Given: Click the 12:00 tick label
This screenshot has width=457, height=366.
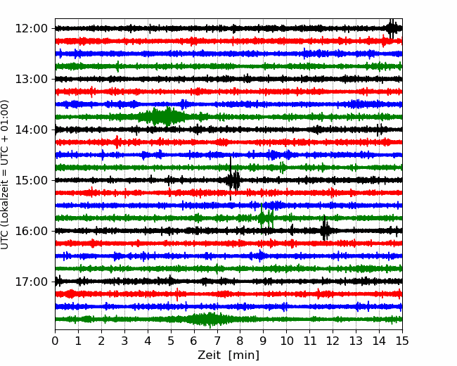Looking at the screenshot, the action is [x=31, y=29].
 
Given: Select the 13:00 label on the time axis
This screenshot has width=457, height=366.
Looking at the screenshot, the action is [x=31, y=79].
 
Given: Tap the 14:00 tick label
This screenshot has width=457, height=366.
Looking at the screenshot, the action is [x=31, y=130].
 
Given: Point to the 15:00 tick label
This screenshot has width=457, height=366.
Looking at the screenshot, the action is [x=31, y=180].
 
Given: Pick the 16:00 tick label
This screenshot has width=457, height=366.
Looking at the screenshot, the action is [x=31, y=231].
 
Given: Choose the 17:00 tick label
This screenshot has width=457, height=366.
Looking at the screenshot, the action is [x=31, y=282].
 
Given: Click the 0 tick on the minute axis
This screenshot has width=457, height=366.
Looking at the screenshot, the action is [x=55, y=341].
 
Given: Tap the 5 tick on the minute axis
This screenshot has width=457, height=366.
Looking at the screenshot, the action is [x=171, y=341].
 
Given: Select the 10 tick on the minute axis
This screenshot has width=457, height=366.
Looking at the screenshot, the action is [x=286, y=341].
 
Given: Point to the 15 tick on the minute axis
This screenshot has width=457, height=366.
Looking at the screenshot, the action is [x=402, y=341].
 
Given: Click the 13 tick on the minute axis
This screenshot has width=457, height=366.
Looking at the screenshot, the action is [x=356, y=341].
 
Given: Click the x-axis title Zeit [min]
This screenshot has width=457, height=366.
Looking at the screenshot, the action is [x=228, y=355].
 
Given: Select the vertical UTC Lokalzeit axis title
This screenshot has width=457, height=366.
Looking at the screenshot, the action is [x=4, y=175].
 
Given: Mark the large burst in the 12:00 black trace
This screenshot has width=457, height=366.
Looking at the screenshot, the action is [x=392, y=29].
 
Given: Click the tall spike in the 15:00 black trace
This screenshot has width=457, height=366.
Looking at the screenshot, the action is [x=231, y=179].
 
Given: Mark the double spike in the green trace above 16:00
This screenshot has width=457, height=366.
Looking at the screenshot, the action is [x=266, y=217].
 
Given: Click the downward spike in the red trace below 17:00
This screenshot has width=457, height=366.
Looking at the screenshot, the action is [x=177, y=295].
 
